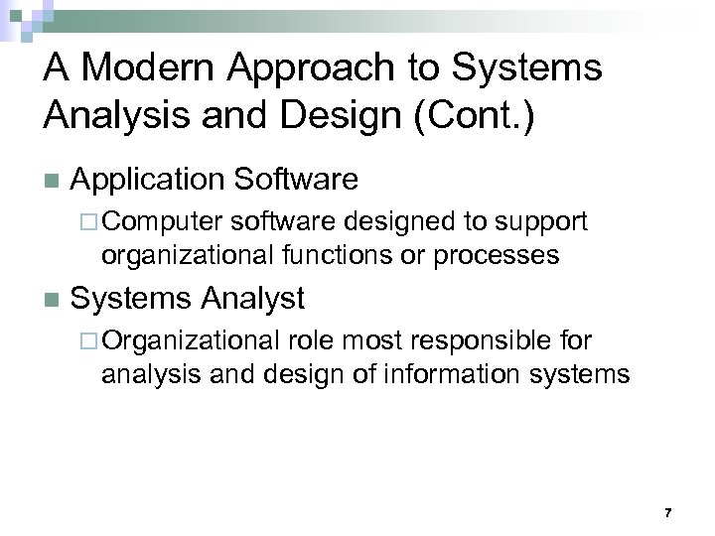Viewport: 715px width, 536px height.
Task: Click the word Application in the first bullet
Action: click(x=150, y=180)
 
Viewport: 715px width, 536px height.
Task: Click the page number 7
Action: click(x=667, y=512)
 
